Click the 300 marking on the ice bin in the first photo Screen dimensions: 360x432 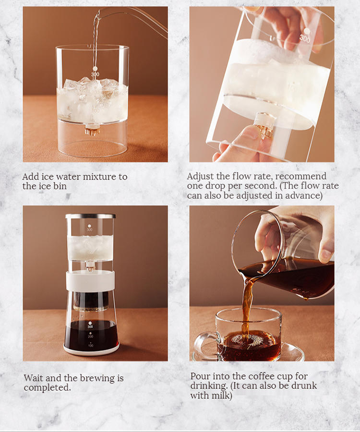click(x=95, y=74)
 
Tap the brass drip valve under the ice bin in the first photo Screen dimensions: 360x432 click(x=92, y=130)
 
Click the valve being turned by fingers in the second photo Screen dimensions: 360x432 click(x=265, y=125)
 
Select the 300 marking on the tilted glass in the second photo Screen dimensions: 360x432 click(x=305, y=38)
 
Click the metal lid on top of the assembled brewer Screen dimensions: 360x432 click(x=91, y=216)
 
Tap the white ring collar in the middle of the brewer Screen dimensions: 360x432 click(x=90, y=281)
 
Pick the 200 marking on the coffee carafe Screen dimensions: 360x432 click(x=91, y=336)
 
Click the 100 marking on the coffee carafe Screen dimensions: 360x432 click(x=91, y=346)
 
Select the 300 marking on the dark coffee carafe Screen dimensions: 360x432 click(x=90, y=327)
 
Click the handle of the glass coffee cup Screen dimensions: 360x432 click(x=205, y=344)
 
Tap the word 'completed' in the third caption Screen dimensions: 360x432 click(x=47, y=388)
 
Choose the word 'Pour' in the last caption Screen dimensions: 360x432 click(x=200, y=376)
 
